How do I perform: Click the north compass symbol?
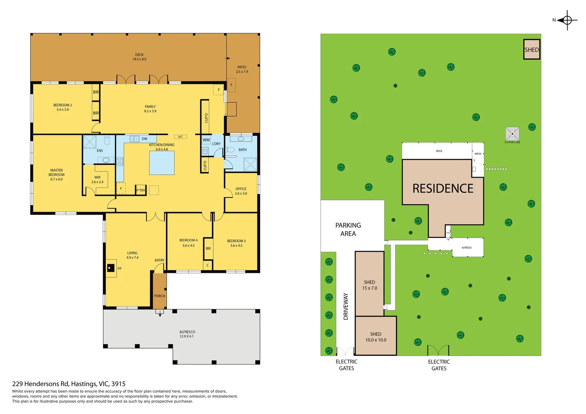(567, 20)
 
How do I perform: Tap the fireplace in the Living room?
(111, 268)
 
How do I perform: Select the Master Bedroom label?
(56, 175)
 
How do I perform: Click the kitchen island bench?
(161, 163)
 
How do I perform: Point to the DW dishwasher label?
(144, 139)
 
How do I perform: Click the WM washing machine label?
(206, 140)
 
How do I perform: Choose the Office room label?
(241, 191)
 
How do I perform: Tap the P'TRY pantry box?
(141, 190)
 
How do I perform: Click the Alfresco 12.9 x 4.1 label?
(187, 334)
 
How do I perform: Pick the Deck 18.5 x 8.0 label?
(139, 57)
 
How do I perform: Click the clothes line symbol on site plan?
(512, 134)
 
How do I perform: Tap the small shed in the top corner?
(532, 49)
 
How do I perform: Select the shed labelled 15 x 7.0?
(369, 285)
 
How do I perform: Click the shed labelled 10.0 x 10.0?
(375, 337)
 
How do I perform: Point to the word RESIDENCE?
(443, 188)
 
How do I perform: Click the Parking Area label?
(348, 229)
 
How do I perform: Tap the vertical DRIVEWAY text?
(346, 306)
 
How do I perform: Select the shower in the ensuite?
(90, 141)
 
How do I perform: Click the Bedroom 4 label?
(188, 243)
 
